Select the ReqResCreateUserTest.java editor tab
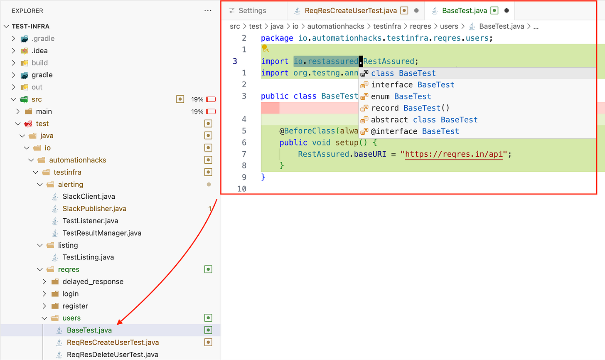[350, 11]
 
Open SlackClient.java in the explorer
[89, 197]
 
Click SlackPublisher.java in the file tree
[94, 209]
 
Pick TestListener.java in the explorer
[90, 221]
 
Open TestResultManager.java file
[102, 233]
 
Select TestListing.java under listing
[88, 257]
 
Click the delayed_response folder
[93, 282]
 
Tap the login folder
[70, 294]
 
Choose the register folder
[75, 306]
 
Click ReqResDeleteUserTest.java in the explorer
[112, 355]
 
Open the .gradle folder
[43, 39]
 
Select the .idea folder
[39, 51]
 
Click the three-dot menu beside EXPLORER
[208, 11]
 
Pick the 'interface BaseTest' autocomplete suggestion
[412, 85]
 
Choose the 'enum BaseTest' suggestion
[401, 96]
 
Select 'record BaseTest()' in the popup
[410, 108]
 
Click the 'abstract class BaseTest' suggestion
[424, 120]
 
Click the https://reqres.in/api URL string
[454, 154]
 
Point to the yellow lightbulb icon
[265, 49]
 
